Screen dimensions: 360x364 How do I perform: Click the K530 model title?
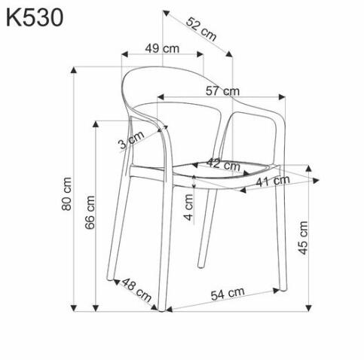coord(34,17)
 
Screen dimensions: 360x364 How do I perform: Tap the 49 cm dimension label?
coord(162,48)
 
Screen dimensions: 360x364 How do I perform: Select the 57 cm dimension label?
coord(223,91)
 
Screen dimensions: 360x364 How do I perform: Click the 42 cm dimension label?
coord(223,163)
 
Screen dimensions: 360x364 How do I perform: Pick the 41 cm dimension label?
coord(272,181)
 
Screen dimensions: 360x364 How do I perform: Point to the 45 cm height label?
coord(303,238)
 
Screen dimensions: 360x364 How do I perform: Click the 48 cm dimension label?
coord(136,288)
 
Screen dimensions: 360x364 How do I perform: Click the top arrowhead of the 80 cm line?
coord(74,70)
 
